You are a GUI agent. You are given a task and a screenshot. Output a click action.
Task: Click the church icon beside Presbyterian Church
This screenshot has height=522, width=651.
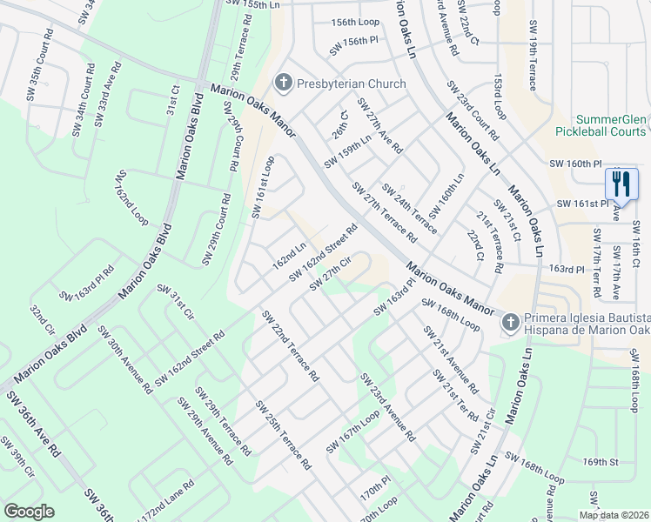[x=282, y=84]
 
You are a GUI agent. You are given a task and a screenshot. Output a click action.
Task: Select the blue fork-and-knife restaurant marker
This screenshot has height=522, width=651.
[x=617, y=184]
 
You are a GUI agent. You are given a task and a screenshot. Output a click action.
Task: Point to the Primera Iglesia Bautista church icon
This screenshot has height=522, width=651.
[x=510, y=323]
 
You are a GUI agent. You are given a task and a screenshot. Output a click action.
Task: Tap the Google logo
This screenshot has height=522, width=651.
[x=29, y=512]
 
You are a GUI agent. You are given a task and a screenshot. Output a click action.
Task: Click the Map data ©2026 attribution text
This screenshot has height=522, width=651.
[x=614, y=515]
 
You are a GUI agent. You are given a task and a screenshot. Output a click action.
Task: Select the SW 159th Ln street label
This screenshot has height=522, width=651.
[x=348, y=151]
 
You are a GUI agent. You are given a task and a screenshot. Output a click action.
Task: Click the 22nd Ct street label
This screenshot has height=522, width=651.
[x=474, y=245]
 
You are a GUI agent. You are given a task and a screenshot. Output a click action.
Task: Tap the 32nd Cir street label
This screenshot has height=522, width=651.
[x=42, y=321]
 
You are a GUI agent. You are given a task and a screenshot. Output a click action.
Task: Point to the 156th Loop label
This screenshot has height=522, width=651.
[x=355, y=22]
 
